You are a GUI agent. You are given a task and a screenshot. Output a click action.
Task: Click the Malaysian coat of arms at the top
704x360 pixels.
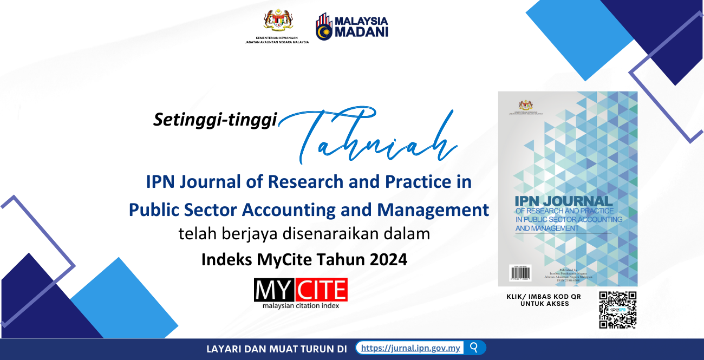(278, 21)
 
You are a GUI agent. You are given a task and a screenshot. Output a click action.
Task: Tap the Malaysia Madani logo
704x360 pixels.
(351, 27)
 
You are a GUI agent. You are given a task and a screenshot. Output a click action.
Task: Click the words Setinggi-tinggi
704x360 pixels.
(215, 120)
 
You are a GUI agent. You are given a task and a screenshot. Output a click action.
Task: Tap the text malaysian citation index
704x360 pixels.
(301, 306)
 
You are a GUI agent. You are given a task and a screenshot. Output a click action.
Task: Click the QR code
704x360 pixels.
(617, 310)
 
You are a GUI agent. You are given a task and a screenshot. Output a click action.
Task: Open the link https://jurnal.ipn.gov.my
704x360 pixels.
(410, 348)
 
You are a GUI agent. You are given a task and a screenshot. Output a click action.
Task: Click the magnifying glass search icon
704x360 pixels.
(474, 348)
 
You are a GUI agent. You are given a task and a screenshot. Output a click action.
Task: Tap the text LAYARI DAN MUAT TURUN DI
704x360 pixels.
(276, 349)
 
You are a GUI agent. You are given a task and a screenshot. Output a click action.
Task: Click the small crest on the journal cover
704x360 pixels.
(525, 104)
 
